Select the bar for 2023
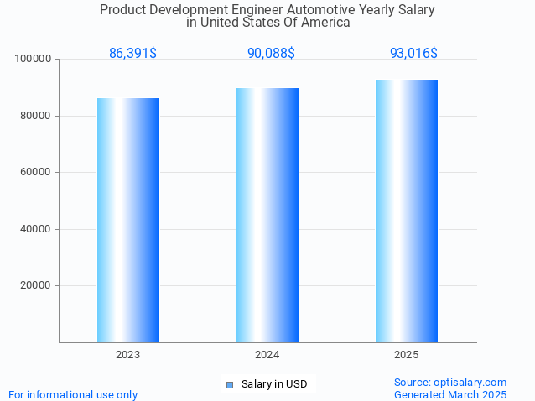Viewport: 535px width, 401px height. pyautogui.click(x=128, y=220)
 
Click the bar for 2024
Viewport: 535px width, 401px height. pyautogui.click(x=267, y=215)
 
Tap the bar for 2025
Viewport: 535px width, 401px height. pyautogui.click(x=407, y=211)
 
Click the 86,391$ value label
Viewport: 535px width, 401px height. pyautogui.click(x=132, y=54)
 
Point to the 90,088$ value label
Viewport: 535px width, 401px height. pyautogui.click(x=271, y=54)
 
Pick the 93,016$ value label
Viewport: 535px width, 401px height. pyautogui.click(x=413, y=54)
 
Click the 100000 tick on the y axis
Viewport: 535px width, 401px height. pyautogui.click(x=34, y=60)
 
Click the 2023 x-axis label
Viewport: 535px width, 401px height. pyautogui.click(x=128, y=355)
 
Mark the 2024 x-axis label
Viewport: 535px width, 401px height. pyautogui.click(x=267, y=355)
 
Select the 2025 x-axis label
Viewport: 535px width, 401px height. pyautogui.click(x=407, y=355)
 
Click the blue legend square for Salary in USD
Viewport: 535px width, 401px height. pyautogui.click(x=230, y=385)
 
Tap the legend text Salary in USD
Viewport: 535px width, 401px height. pyautogui.click(x=274, y=384)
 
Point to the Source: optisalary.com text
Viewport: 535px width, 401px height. pyautogui.click(x=450, y=382)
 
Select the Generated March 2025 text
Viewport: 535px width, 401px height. pyautogui.click(x=450, y=394)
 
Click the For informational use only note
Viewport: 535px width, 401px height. pyautogui.click(x=73, y=394)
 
